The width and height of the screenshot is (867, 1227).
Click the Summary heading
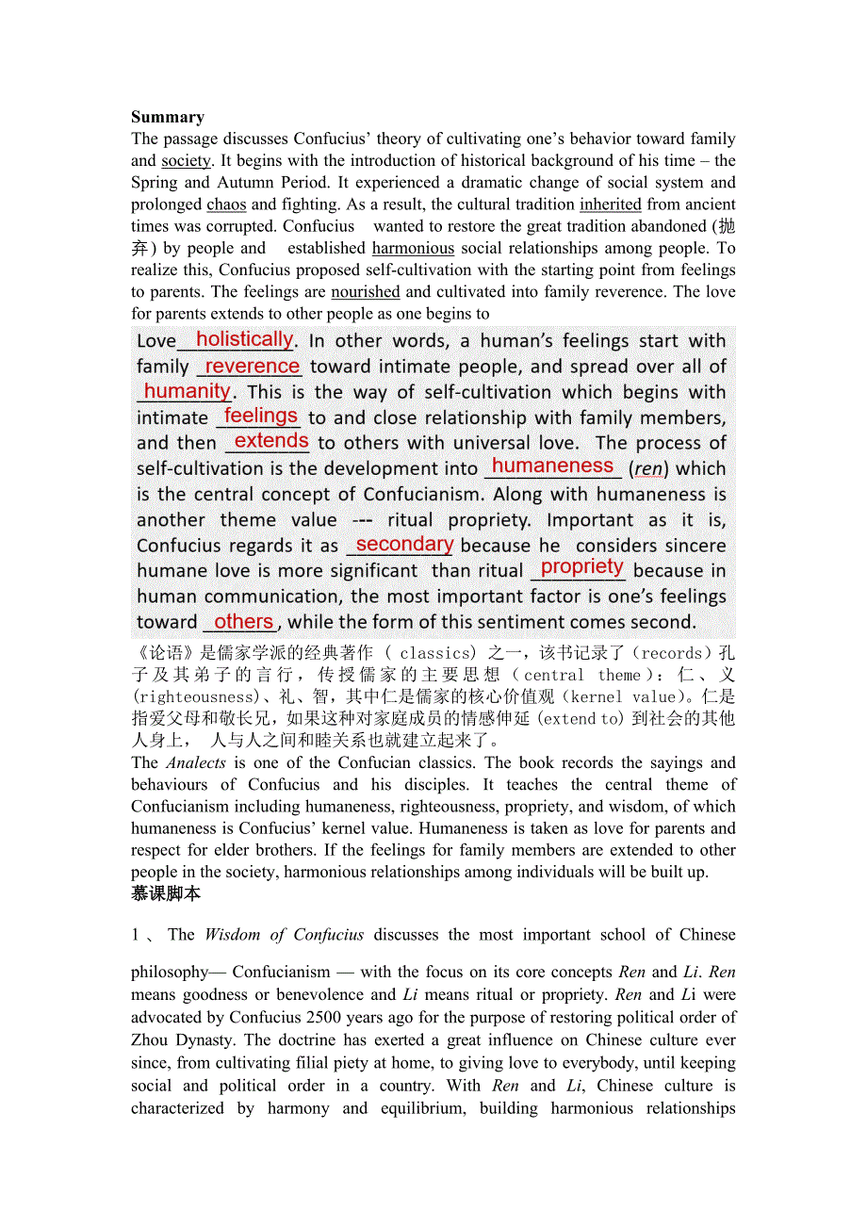[x=168, y=117]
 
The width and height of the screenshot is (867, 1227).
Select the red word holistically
[x=244, y=339]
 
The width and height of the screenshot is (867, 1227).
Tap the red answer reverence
[x=252, y=366]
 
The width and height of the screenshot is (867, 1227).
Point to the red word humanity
[x=187, y=390]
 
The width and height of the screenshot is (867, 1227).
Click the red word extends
[x=271, y=440]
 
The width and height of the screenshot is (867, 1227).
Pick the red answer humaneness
[x=552, y=466]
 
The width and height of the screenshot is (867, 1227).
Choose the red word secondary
[x=404, y=544]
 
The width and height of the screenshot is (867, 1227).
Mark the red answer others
[x=243, y=621]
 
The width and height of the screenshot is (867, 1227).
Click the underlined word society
[x=186, y=161]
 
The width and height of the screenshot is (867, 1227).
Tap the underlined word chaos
[x=226, y=204]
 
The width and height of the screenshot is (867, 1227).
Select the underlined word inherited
[x=611, y=204]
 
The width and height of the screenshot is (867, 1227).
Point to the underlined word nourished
[x=366, y=292]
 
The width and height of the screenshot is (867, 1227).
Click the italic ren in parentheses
[x=648, y=468]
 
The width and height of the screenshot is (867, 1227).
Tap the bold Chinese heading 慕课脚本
[x=166, y=893]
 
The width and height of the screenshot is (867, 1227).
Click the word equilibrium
[x=423, y=1108]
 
